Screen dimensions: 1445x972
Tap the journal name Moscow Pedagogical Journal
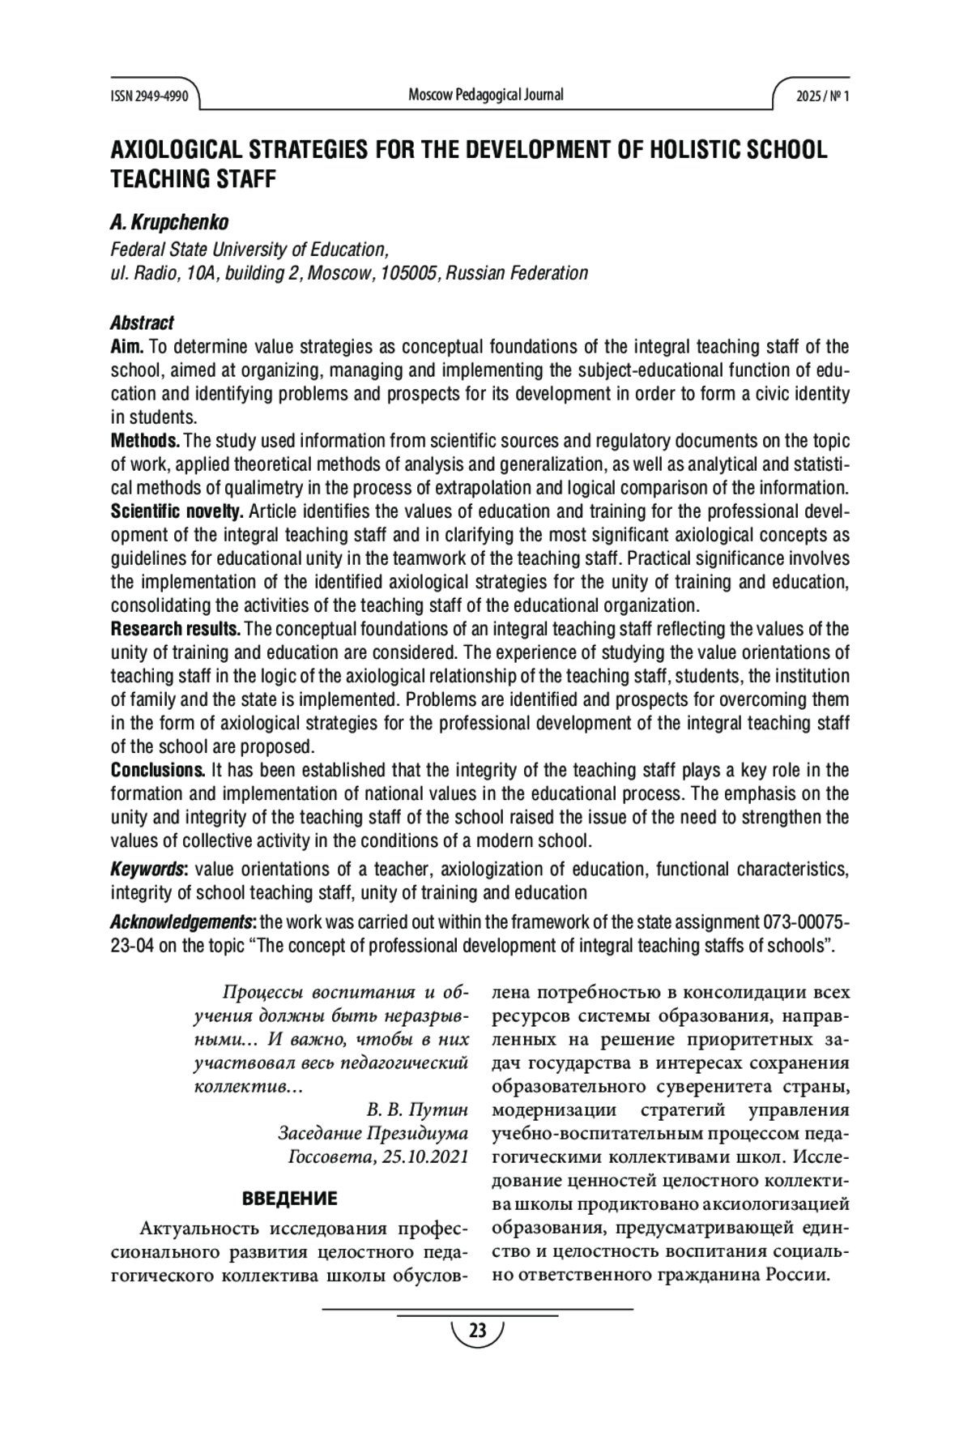pyautogui.click(x=485, y=95)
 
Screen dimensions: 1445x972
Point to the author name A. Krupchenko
pyautogui.click(x=169, y=222)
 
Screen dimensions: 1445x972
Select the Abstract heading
pyautogui.click(x=142, y=323)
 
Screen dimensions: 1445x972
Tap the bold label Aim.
pyautogui.click(x=127, y=348)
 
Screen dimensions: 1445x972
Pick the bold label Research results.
pyautogui.click(x=175, y=630)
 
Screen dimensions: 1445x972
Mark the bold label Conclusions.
pyautogui.click(x=157, y=770)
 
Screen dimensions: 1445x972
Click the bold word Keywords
pyautogui.click(x=148, y=870)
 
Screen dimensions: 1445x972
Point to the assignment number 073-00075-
pyautogui.click(x=806, y=922)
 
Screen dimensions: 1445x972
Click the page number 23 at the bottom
pyautogui.click(x=477, y=1331)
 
